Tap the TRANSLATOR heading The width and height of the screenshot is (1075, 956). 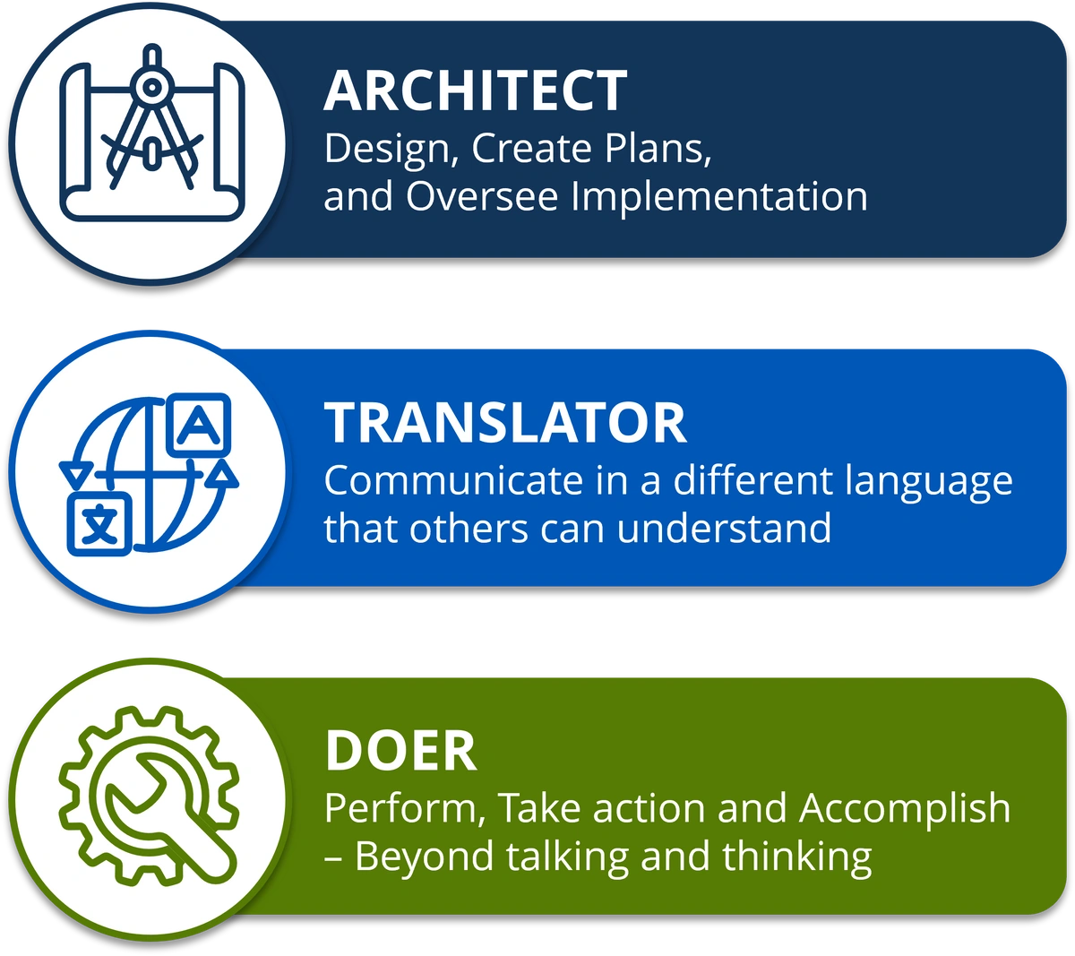click(505, 423)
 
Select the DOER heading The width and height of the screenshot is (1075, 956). click(401, 751)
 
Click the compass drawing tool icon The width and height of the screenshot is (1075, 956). click(152, 116)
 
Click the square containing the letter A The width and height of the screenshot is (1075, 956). click(199, 425)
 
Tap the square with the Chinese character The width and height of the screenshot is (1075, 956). click(99, 524)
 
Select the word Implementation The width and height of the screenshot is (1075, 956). click(719, 197)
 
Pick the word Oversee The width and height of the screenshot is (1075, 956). click(482, 196)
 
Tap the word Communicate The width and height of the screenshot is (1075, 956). click(454, 480)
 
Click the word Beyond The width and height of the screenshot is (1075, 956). click(425, 857)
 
